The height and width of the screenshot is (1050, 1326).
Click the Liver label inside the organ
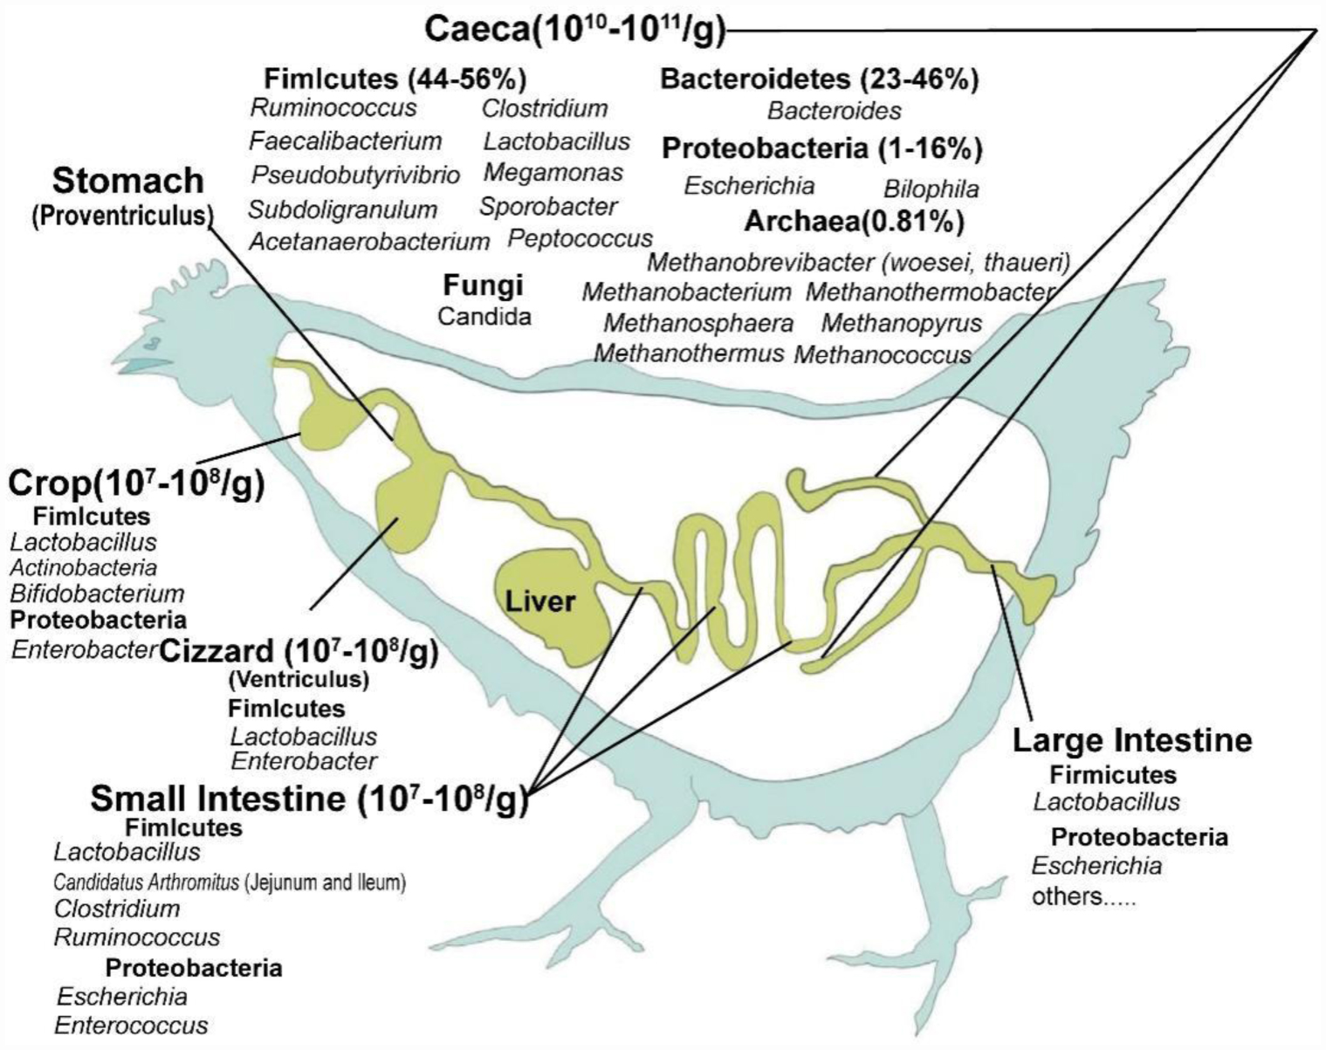click(x=539, y=601)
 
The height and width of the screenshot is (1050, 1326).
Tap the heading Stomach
click(x=128, y=181)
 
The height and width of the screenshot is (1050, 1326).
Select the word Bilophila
click(x=931, y=189)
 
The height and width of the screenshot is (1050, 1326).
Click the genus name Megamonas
click(x=553, y=172)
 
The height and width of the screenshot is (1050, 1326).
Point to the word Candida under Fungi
click(x=484, y=316)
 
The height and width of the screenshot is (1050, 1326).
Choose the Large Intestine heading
click(x=1132, y=740)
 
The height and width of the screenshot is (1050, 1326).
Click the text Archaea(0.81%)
click(x=854, y=223)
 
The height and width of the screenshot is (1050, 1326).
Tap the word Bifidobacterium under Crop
click(x=98, y=594)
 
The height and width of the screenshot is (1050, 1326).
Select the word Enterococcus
click(x=131, y=1025)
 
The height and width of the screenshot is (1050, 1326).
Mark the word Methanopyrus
click(x=901, y=323)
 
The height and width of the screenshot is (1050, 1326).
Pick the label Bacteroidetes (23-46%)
click(x=819, y=79)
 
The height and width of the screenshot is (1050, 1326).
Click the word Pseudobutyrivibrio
click(x=355, y=175)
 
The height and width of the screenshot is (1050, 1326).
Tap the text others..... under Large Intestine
click(x=1083, y=896)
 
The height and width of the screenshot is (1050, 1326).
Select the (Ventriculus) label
click(x=299, y=678)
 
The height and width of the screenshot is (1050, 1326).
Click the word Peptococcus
click(x=580, y=238)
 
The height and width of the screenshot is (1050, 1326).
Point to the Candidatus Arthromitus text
click(x=146, y=882)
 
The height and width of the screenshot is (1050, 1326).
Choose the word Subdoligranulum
click(x=343, y=209)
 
